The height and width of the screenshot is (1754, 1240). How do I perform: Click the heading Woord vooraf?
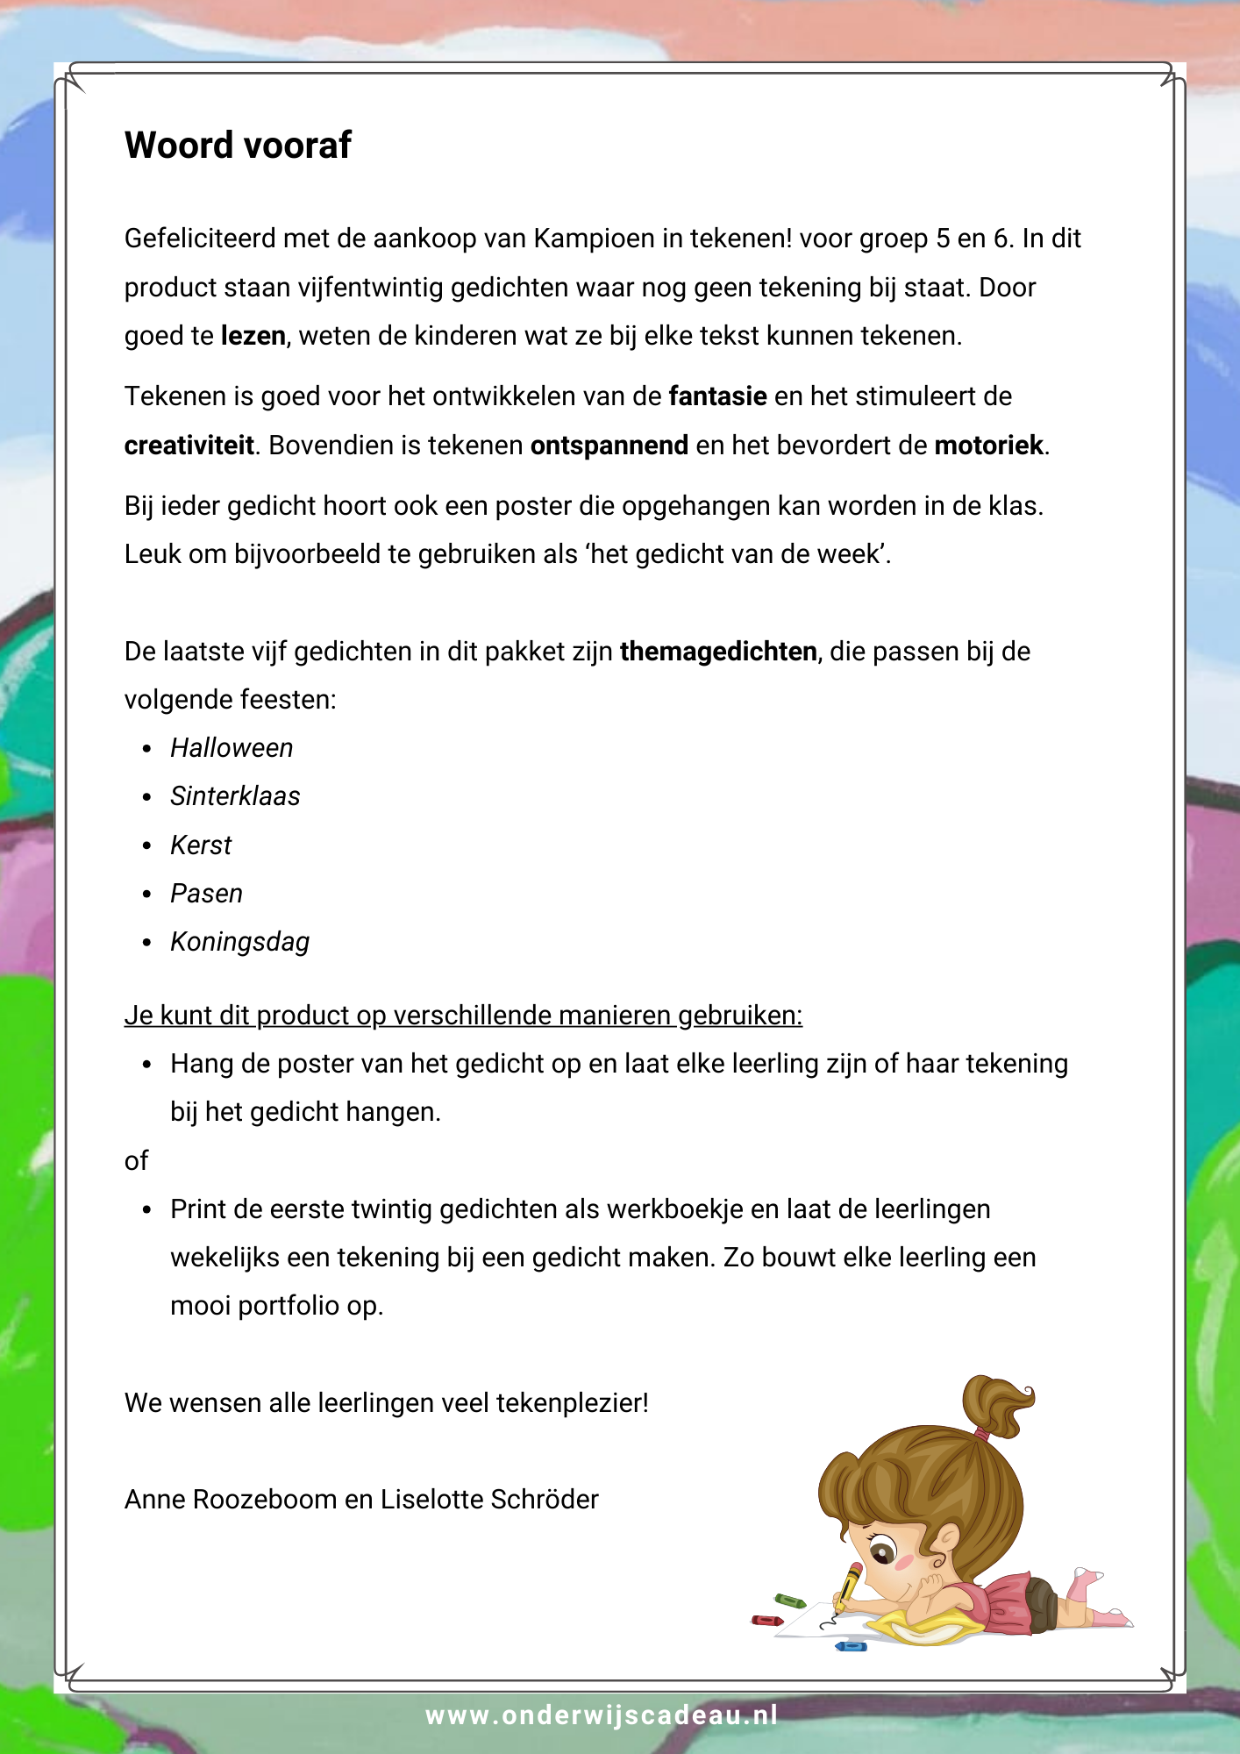pos(238,146)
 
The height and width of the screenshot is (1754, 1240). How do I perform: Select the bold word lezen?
pos(253,336)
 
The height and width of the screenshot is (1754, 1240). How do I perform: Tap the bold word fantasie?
pos(717,396)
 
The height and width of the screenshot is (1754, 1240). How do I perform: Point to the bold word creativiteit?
pos(189,446)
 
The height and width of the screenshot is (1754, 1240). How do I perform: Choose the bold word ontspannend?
pos(609,446)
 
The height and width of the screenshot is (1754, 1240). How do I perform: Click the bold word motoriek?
pos(988,446)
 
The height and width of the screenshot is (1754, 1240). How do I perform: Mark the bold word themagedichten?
pos(717,652)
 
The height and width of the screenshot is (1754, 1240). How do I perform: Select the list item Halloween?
pos(232,748)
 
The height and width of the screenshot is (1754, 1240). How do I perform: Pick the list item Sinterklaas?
pos(235,796)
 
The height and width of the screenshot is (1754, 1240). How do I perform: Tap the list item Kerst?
pos(201,845)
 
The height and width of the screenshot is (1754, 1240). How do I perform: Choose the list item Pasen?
pos(206,894)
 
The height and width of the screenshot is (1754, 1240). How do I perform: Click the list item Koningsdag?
pos(239,942)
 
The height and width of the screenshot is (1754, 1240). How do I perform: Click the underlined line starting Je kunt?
pos(463,1016)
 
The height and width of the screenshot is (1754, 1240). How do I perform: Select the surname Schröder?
pos(544,1500)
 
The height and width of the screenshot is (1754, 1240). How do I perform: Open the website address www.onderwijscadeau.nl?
pos(602,1715)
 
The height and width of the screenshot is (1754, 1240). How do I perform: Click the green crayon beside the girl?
pos(789,1601)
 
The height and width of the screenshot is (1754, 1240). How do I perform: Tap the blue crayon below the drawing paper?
pos(851,1646)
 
